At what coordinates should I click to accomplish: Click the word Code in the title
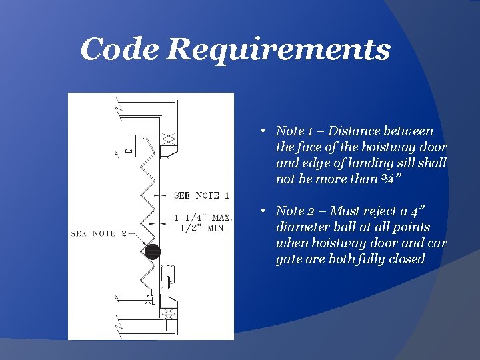pyautogui.click(x=120, y=50)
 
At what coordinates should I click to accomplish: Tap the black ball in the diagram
pyautogui.click(x=153, y=251)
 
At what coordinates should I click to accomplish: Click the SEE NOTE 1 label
pyautogui.click(x=201, y=195)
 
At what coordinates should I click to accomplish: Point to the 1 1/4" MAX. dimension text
pyautogui.click(x=203, y=217)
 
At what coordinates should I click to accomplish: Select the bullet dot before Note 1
pyautogui.click(x=264, y=131)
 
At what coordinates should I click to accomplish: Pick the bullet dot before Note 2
pyautogui.click(x=264, y=211)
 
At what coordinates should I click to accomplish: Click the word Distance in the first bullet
pyautogui.click(x=360, y=131)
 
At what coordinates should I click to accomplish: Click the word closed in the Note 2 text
pyautogui.click(x=407, y=259)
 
